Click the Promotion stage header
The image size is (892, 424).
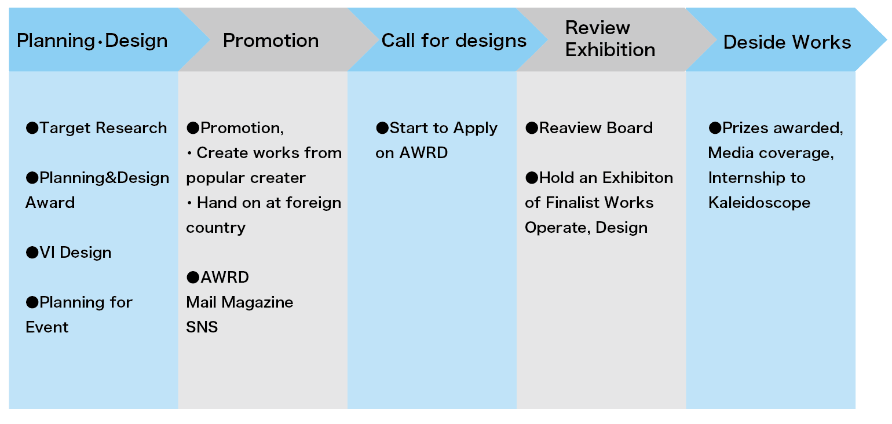(271, 41)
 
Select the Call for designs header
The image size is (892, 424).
(454, 41)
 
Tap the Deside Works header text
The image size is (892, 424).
(787, 42)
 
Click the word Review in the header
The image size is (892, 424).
(598, 28)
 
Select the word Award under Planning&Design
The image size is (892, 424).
(50, 203)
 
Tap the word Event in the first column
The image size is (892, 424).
(47, 327)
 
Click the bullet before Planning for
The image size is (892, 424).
(32, 302)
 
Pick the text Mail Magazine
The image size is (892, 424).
(240, 302)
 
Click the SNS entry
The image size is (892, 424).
(202, 327)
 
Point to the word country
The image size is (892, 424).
(216, 228)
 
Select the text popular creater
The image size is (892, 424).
(246, 178)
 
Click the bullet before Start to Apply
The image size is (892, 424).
(382, 128)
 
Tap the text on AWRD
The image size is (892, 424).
(412, 153)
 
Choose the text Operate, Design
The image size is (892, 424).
(586, 228)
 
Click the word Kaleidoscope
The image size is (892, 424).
(759, 203)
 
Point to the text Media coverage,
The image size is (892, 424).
(772, 153)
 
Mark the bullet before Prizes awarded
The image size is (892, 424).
(715, 128)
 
